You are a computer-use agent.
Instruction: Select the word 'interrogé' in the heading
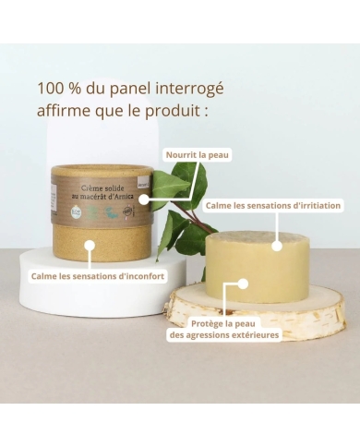[x=189, y=90]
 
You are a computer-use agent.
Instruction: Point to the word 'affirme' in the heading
[x=68, y=112]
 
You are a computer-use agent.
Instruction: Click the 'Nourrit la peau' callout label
[x=196, y=155]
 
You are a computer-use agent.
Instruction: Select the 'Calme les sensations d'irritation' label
[x=273, y=205]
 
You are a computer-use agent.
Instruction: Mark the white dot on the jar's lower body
[x=89, y=245]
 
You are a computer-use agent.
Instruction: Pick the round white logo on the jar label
[x=76, y=211]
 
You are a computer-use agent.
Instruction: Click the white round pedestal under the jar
[x=55, y=286]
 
